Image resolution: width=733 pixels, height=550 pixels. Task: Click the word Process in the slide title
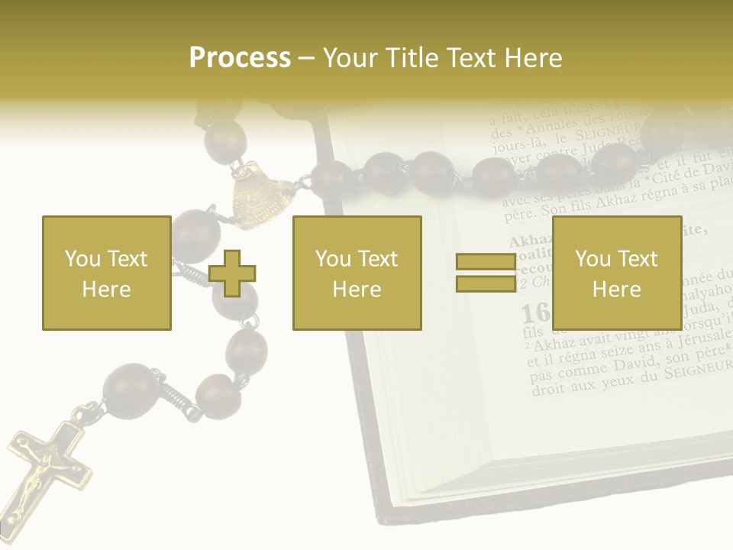(x=240, y=57)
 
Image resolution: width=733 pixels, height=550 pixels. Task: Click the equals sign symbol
(x=486, y=273)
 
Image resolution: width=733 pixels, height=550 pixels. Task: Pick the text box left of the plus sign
(x=107, y=273)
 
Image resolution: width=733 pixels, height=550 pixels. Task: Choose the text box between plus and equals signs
(x=357, y=273)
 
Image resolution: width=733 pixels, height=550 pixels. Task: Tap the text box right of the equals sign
(x=616, y=273)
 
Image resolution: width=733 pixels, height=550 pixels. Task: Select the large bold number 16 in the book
(x=535, y=312)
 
